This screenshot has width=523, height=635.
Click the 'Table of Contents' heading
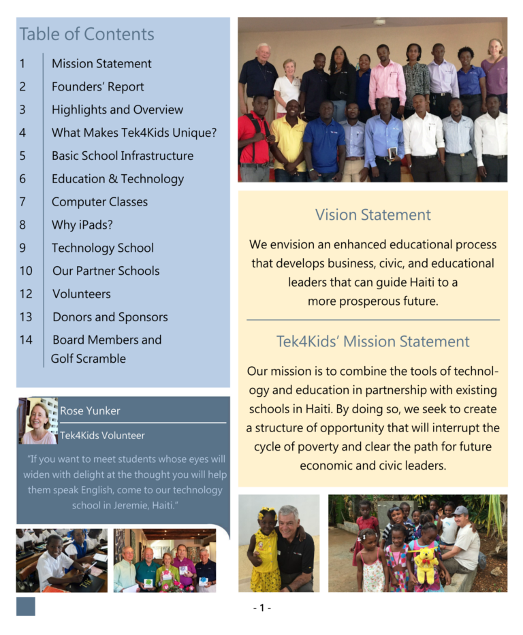pyautogui.click(x=87, y=34)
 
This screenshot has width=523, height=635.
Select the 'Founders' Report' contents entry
pyautogui.click(x=97, y=86)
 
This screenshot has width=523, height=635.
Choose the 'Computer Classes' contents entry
pyautogui.click(x=99, y=201)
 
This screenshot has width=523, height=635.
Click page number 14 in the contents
pyautogui.click(x=26, y=340)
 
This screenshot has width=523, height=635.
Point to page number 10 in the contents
pyautogui.click(x=26, y=270)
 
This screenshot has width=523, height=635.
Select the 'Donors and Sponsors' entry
pyautogui.click(x=110, y=316)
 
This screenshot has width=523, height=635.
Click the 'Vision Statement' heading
pyautogui.click(x=373, y=215)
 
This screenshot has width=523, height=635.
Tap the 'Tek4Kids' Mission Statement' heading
pyautogui.click(x=373, y=342)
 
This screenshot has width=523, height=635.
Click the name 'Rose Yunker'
pyautogui.click(x=90, y=410)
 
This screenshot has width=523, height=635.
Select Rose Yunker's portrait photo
pyautogui.click(x=39, y=421)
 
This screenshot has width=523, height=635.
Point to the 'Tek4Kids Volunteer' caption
pyautogui.click(x=102, y=436)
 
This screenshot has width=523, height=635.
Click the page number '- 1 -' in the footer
pyautogui.click(x=261, y=608)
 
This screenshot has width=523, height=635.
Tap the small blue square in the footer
pyautogui.click(x=26, y=606)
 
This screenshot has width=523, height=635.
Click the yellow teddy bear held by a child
pyautogui.click(x=427, y=562)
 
